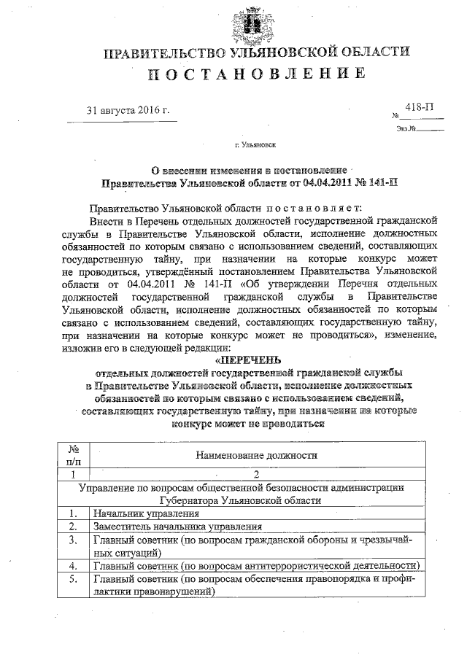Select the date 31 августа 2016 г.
[x=128, y=111]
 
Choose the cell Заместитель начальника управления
[x=173, y=527]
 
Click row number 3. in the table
[x=73, y=540]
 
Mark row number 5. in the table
[x=73, y=579]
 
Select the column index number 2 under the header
[x=256, y=474]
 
